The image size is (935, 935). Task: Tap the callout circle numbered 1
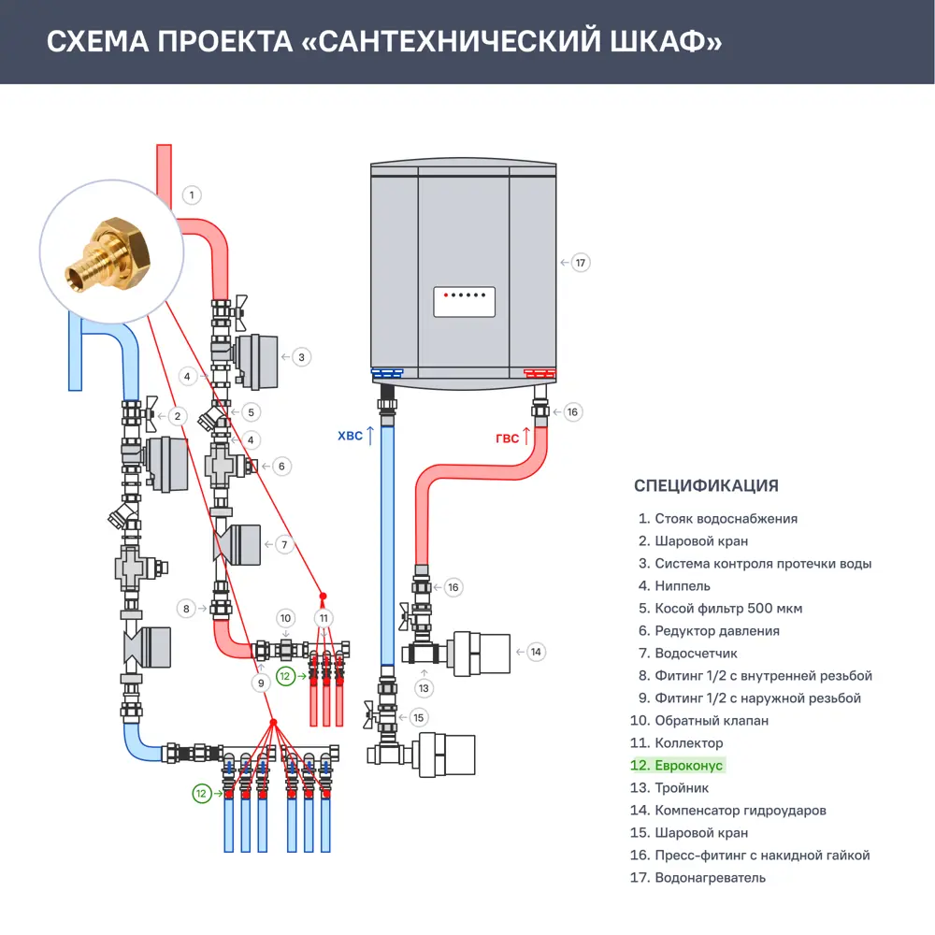pos(191,195)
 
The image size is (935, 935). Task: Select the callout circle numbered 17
pos(581,263)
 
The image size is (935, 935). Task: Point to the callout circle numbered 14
pos(535,652)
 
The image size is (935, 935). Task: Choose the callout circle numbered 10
pos(286,618)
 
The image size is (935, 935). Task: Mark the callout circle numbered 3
pos(301,356)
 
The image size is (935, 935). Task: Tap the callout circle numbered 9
pos(261,683)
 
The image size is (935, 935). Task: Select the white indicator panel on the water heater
pos(464,302)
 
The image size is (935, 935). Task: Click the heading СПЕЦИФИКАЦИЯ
pos(706,485)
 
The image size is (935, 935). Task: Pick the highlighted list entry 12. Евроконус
pos(677,766)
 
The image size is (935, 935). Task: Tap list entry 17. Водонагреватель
pos(698,878)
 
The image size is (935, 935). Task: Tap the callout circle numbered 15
pos(418,717)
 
